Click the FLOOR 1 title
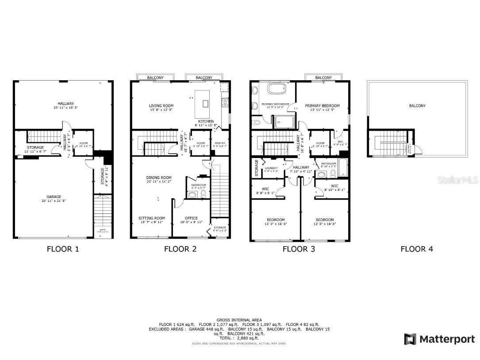coord(63,249)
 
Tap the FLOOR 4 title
coord(417,249)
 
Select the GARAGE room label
coord(54,197)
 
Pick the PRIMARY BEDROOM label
coord(323,106)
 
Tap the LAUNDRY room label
coord(270,168)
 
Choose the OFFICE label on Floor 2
coord(191,218)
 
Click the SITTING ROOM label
coord(152,218)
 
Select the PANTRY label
coord(220,143)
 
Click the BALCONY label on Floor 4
coord(417,106)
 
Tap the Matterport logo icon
coord(410,339)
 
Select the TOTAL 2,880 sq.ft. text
coord(239,338)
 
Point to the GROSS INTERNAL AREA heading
coord(239,320)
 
